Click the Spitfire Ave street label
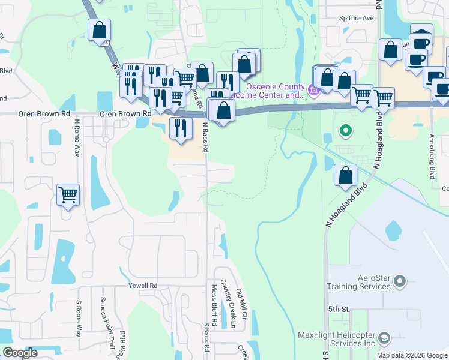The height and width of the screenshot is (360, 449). pos(357,35)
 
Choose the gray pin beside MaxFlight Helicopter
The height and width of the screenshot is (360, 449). pos(385,338)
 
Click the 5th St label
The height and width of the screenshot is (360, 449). pos(338,309)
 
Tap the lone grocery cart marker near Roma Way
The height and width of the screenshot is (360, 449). pos(68,194)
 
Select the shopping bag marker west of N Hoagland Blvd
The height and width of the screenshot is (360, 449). pos(345,175)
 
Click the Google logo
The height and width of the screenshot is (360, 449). pos(20,353)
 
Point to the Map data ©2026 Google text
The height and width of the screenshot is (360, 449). pos(411,355)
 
